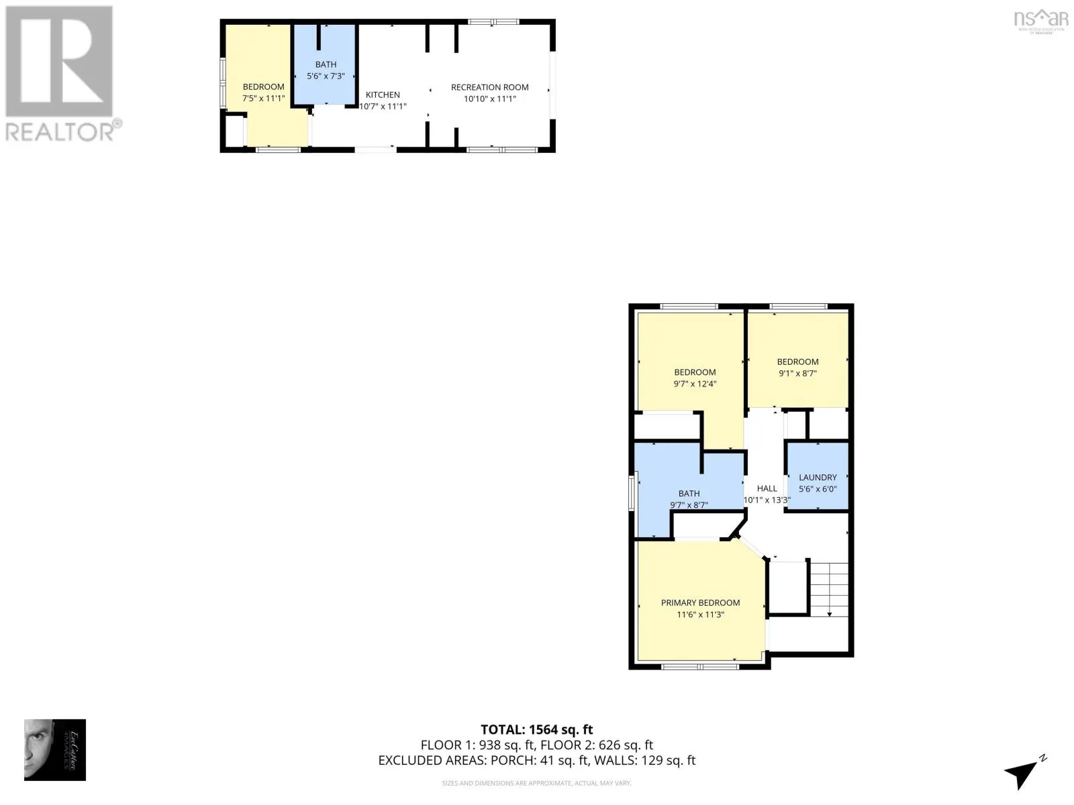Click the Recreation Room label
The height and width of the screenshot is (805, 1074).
click(x=489, y=87)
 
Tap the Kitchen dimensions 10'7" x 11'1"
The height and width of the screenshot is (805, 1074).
click(x=383, y=107)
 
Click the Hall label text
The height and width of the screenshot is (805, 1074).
click(x=767, y=488)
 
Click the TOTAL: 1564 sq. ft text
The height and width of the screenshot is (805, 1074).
click(x=536, y=729)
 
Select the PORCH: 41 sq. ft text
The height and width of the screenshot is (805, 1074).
click(x=530, y=760)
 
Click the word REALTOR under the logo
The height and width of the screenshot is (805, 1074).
click(x=60, y=131)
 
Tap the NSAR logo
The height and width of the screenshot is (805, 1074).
click(x=1040, y=19)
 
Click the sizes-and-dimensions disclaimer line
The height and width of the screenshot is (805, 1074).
click(x=536, y=783)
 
